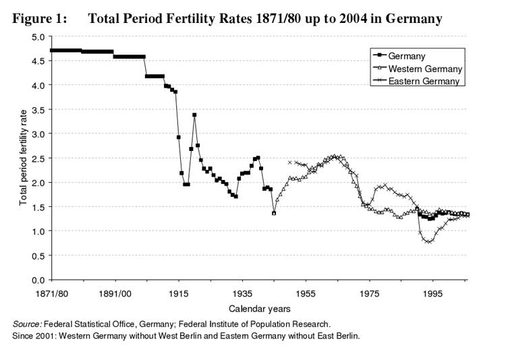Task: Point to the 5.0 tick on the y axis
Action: coord(38,36)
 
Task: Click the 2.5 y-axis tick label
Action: coord(38,158)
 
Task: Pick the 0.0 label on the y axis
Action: coord(38,280)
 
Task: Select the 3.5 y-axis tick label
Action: coord(38,109)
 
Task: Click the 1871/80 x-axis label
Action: coord(50,294)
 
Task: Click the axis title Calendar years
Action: coord(260,309)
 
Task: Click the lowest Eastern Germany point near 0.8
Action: coord(428,241)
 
